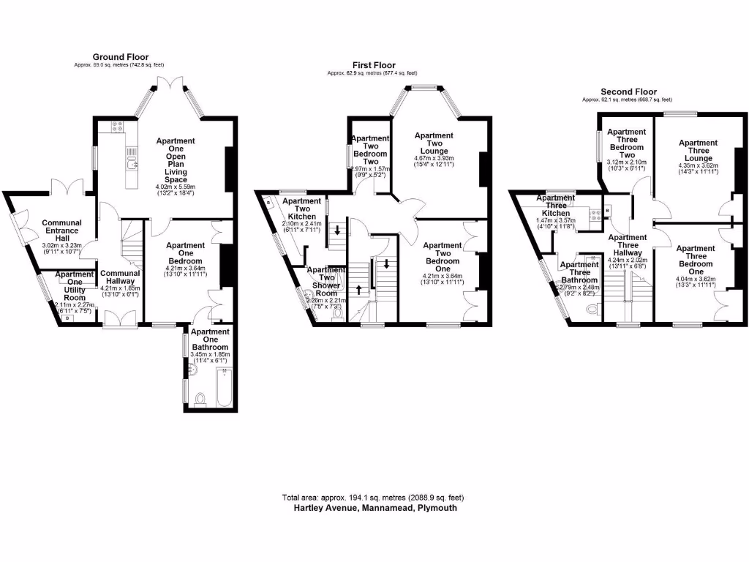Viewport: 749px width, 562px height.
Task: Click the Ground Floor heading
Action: click(x=120, y=56)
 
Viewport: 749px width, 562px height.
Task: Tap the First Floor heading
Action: click(x=372, y=65)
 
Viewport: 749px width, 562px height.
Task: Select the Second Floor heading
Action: click(x=627, y=91)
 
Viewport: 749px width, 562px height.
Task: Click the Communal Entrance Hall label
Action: click(x=61, y=227)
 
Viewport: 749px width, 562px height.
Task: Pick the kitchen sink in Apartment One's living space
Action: click(x=132, y=162)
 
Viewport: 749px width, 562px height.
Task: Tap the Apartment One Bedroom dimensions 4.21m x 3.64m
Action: click(x=185, y=268)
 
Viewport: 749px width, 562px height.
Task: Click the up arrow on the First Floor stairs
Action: click(x=359, y=288)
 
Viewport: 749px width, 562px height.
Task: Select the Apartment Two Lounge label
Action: click(x=434, y=144)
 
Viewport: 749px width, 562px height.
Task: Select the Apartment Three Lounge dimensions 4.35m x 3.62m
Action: click(x=698, y=165)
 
